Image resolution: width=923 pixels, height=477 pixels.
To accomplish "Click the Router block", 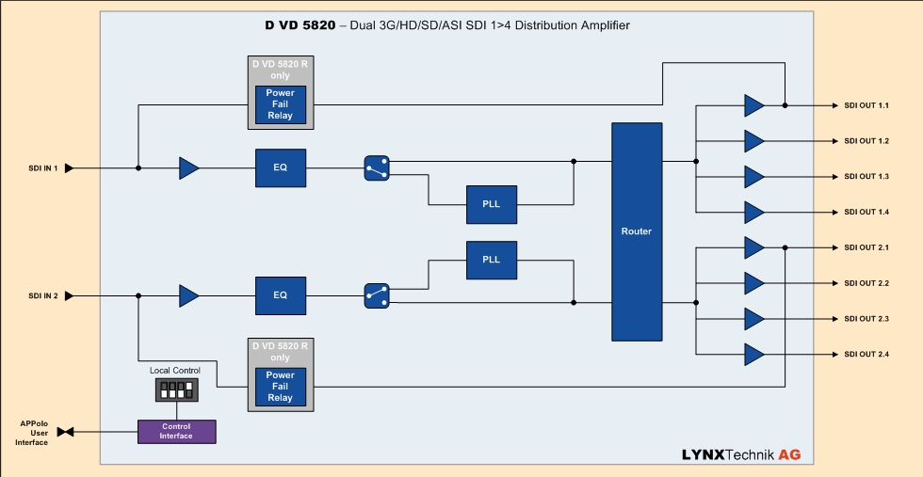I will tap(637, 231).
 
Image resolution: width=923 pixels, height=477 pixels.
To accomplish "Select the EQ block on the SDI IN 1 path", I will tap(280, 168).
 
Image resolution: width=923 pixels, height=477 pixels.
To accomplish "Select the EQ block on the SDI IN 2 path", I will tap(280, 295).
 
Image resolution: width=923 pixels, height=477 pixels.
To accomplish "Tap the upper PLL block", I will tap(492, 204).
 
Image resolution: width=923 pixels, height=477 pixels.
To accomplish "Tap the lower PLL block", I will tap(492, 260).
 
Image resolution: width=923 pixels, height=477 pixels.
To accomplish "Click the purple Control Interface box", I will tap(176, 432).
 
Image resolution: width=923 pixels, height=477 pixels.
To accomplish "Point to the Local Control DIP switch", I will tap(176, 388).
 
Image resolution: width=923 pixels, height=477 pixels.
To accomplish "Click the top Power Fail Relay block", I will tap(281, 104).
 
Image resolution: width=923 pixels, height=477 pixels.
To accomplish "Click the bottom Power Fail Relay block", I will tap(281, 386).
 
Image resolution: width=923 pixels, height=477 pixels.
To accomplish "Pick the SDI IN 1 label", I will tap(43, 168).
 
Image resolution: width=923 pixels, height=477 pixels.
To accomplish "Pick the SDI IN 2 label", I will tap(43, 295).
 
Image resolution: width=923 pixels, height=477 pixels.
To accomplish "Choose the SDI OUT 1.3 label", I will tap(866, 177).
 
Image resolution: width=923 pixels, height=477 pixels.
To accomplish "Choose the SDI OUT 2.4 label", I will tap(866, 354).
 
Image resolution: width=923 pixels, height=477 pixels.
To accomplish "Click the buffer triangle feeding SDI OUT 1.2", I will tap(754, 141).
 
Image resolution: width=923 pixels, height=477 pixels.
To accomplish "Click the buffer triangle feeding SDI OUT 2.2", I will tap(754, 283).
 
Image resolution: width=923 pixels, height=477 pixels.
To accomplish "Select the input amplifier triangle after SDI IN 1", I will tap(189, 168).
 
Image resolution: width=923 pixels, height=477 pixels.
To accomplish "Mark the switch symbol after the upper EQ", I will tap(377, 168).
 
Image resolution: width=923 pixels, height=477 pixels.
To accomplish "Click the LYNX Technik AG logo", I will tap(741, 454).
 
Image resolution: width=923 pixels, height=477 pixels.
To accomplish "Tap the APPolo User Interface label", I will tap(34, 433).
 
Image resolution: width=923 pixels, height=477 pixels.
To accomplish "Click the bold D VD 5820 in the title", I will tap(300, 25).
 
